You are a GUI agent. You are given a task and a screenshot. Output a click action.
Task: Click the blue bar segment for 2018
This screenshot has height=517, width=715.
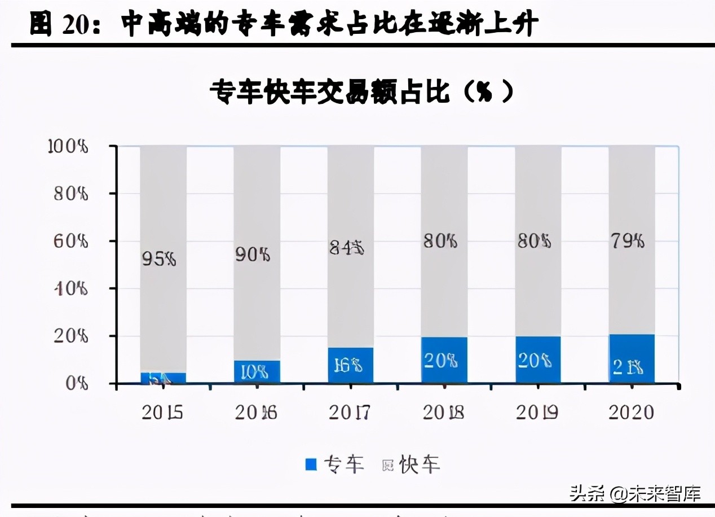(x=444, y=360)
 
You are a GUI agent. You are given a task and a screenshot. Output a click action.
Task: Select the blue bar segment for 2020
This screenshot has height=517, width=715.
(x=632, y=359)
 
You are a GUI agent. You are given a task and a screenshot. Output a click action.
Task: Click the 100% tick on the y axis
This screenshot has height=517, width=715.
(x=68, y=146)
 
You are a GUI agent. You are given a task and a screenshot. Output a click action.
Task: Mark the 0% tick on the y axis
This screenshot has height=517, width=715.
(x=76, y=384)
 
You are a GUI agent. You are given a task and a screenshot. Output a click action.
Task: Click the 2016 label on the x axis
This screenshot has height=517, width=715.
(x=257, y=413)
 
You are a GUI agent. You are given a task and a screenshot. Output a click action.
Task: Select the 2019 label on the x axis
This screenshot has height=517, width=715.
(x=537, y=413)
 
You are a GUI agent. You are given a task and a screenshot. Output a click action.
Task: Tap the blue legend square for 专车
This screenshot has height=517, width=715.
(x=311, y=465)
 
